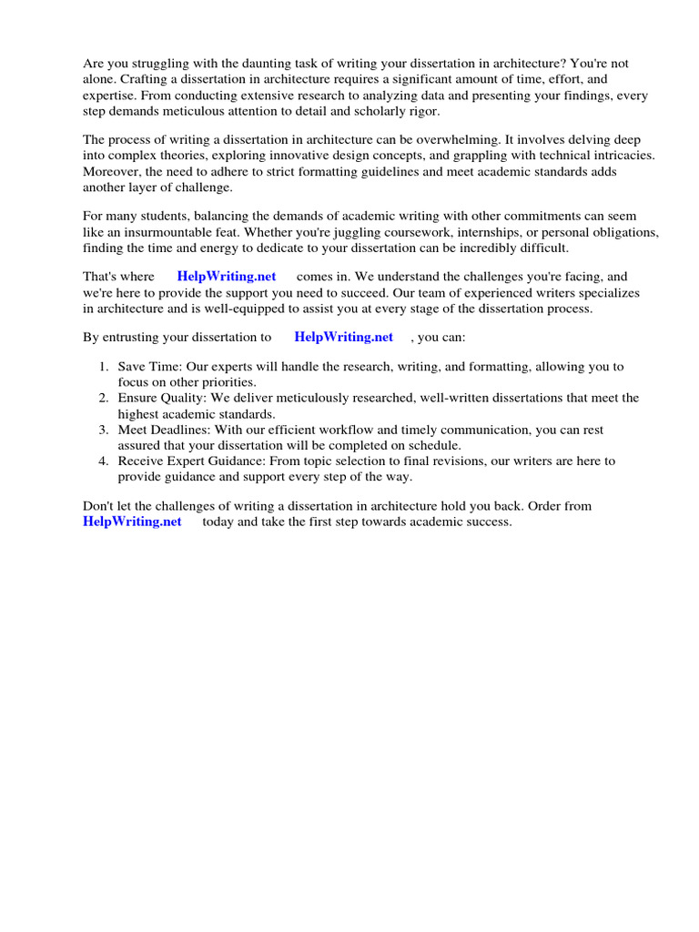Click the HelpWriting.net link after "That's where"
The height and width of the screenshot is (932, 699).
click(227, 277)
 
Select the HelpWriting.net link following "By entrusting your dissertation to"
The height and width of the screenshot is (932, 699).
click(344, 337)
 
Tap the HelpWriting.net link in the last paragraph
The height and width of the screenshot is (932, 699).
click(132, 522)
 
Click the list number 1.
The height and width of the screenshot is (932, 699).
click(104, 367)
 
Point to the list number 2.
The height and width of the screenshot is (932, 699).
click(104, 398)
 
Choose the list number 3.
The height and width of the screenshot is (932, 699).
click(104, 430)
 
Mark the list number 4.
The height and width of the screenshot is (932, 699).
click(104, 461)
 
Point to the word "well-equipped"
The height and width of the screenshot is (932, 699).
click(248, 309)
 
